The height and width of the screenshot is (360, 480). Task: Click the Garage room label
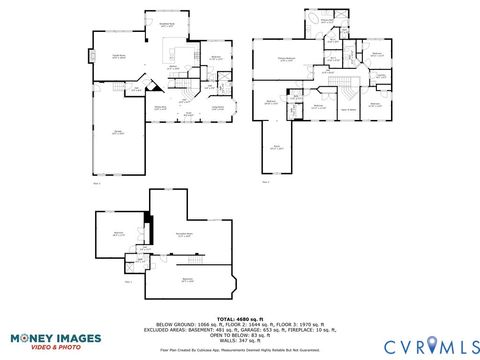118,133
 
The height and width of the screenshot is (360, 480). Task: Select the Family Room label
118,57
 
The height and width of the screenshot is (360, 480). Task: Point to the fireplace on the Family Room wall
93,55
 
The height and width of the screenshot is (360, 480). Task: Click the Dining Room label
158,108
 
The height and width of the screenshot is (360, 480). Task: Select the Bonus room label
277,146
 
